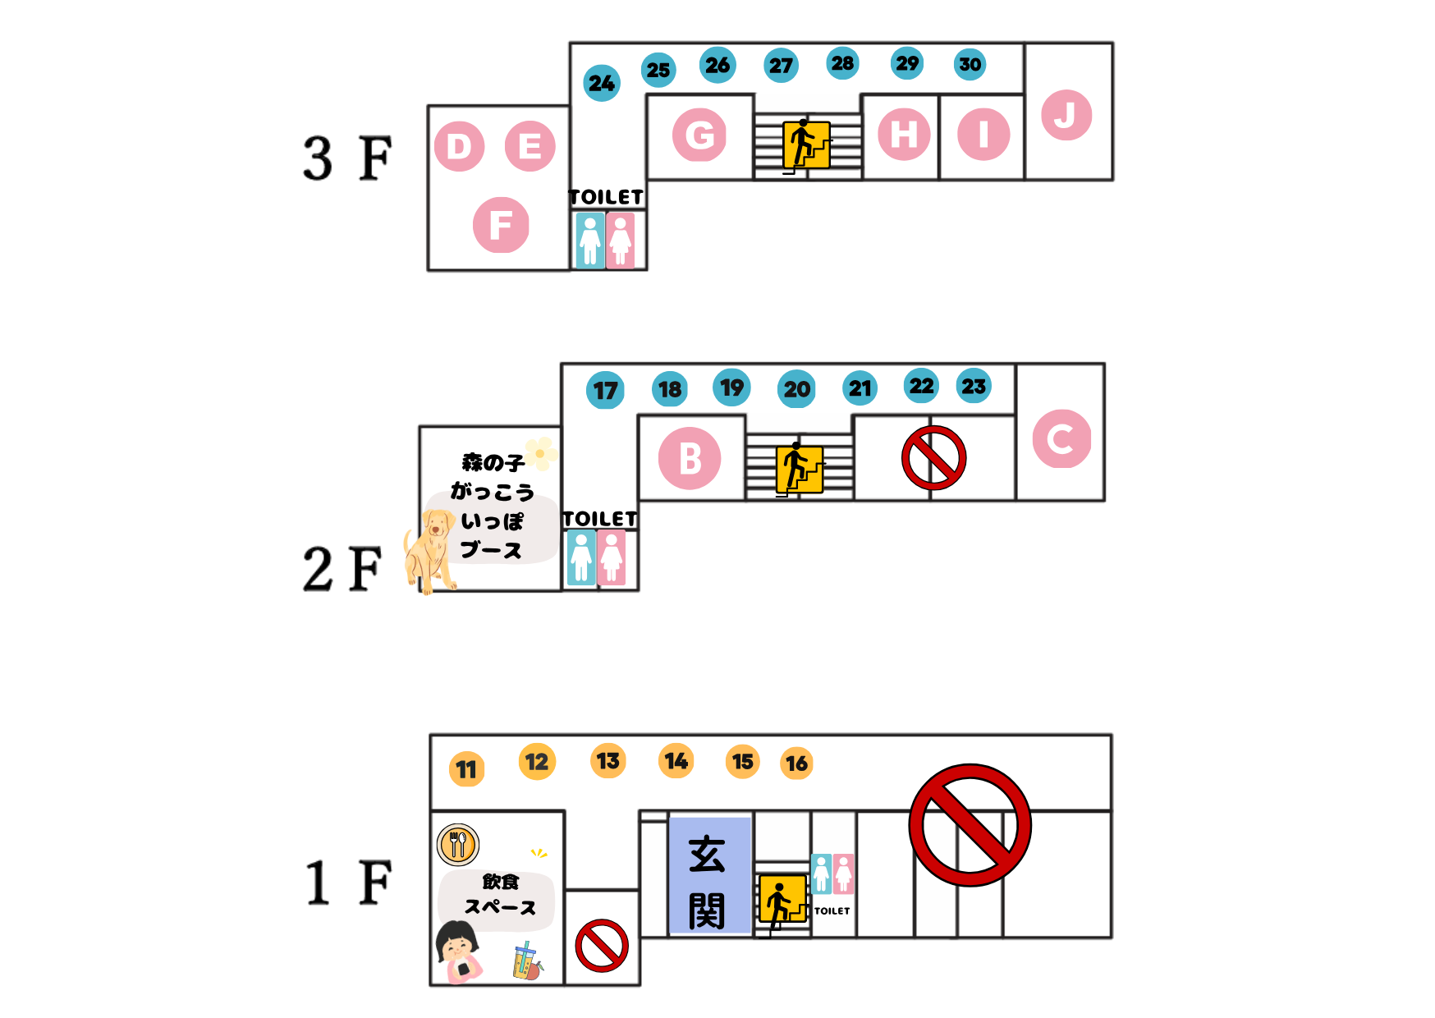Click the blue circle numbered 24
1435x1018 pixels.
pos(602,83)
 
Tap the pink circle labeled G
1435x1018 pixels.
pos(699,135)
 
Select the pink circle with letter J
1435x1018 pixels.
pos(1066,115)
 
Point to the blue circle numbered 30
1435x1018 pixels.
pos(970,64)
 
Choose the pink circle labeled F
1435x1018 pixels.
pos(501,225)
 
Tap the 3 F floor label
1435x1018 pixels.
pos(347,158)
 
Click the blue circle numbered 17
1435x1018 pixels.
pos(605,390)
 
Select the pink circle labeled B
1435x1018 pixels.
pos(690,458)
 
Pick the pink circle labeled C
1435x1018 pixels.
pos(1061,438)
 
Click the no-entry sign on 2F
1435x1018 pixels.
pos(933,458)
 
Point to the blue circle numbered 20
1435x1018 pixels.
pos(796,389)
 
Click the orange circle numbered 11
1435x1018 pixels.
pos(466,769)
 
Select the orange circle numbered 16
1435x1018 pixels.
pos(796,763)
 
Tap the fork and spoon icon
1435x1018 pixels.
pos(458,844)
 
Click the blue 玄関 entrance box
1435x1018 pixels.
pos(710,875)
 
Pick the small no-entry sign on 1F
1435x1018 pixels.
pos(602,946)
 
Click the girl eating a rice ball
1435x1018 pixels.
pos(458,952)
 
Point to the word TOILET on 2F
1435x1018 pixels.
pos(600,519)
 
